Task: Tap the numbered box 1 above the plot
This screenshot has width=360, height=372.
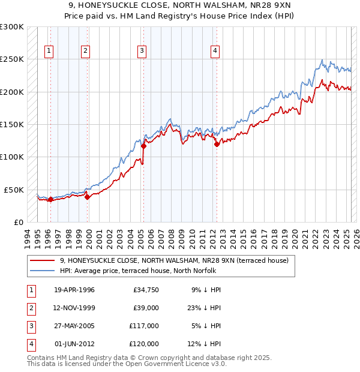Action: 49,52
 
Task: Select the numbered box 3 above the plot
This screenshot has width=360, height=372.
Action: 142,52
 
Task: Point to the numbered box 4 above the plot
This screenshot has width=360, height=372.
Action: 214,52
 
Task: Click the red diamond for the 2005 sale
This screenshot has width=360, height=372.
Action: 143,145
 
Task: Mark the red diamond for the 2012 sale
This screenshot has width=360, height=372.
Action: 217,143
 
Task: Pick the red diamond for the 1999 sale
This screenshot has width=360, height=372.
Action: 87,196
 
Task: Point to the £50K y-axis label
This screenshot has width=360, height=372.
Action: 14,190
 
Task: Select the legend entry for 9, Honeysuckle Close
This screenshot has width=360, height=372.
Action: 174,260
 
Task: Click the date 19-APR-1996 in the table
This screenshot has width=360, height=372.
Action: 74,290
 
